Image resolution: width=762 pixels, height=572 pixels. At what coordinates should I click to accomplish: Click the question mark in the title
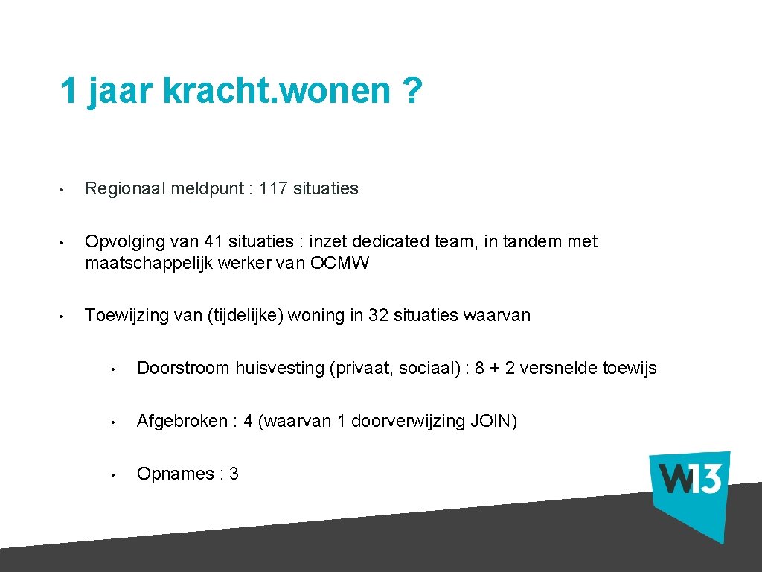point(411,92)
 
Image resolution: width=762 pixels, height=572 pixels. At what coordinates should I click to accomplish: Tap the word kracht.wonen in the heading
point(276,92)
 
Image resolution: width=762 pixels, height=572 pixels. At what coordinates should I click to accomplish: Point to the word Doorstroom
point(183,369)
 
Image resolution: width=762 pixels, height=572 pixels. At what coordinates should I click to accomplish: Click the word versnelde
point(559,369)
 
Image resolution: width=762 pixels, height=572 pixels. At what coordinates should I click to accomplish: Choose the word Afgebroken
point(182,422)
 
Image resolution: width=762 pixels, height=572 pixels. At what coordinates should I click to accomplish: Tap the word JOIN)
point(494,422)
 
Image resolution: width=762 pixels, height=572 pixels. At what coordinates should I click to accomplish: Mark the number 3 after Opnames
point(234,474)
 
